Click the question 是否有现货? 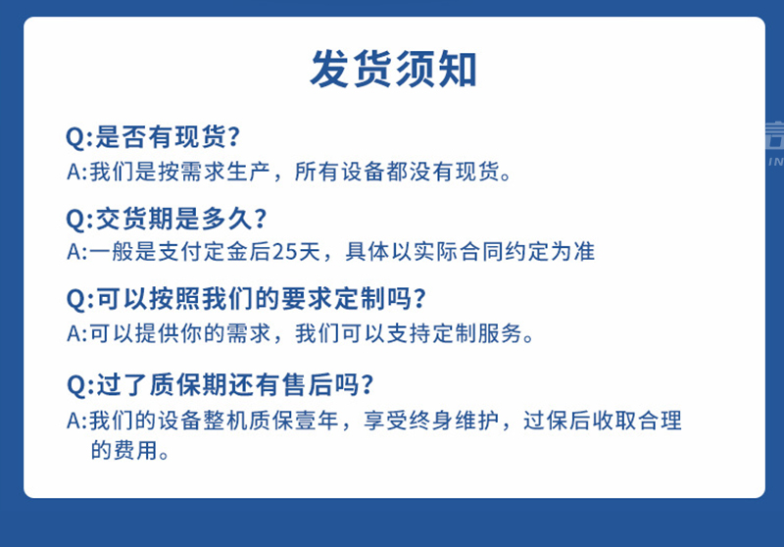click(169, 135)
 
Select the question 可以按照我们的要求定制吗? click(261, 298)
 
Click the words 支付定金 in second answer click(201, 252)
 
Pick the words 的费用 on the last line click(123, 451)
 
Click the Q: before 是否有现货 click(78, 135)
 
